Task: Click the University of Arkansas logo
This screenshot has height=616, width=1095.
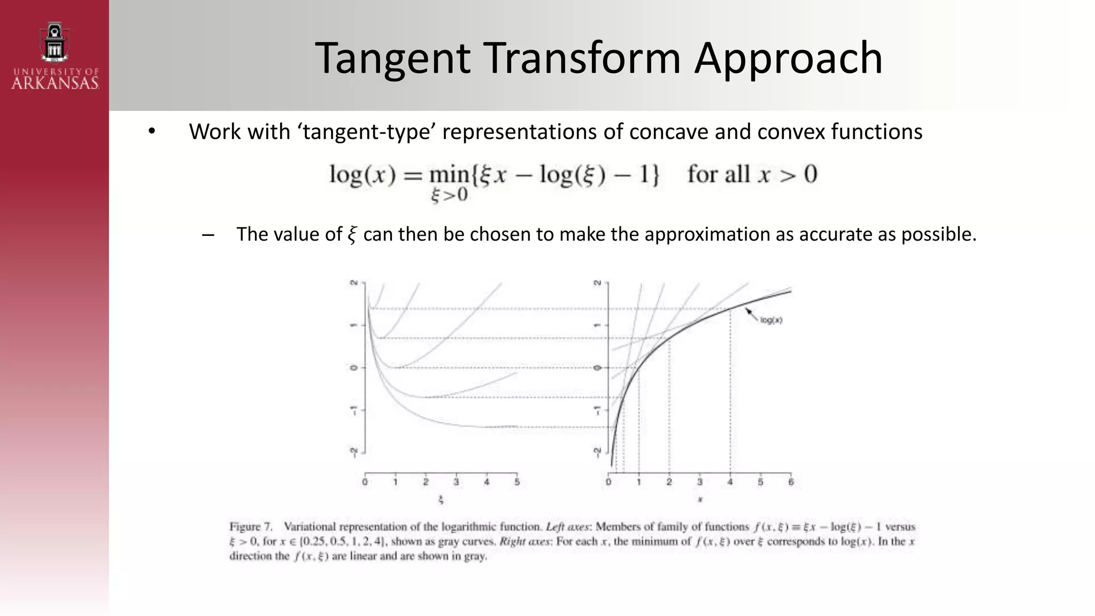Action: [55, 56]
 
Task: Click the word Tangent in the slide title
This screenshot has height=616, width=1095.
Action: [392, 58]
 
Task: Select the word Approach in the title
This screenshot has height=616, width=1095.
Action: [788, 58]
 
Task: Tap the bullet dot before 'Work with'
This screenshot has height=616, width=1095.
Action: [152, 132]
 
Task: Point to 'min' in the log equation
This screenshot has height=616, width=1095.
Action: [449, 175]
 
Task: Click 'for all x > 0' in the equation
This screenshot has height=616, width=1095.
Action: [752, 175]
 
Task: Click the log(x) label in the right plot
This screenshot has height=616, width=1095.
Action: [771, 320]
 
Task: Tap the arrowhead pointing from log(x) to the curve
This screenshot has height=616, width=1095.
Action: [749, 311]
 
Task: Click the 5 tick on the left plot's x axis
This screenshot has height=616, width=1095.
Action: [516, 482]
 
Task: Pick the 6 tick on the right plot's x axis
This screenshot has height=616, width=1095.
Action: [791, 482]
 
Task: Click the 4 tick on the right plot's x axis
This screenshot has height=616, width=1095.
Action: [730, 482]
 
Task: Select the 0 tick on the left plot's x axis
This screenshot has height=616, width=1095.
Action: [365, 482]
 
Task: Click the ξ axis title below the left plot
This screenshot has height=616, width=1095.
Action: [441, 500]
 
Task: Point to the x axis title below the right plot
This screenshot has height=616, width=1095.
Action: [700, 500]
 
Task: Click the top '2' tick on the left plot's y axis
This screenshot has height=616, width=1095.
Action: [353, 282]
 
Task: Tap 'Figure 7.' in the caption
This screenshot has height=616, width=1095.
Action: [251, 527]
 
